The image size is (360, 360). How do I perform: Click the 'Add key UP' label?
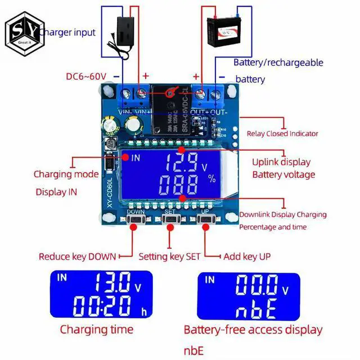(247, 256)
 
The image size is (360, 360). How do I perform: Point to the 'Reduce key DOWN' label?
(77, 256)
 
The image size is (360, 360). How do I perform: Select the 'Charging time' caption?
(96, 330)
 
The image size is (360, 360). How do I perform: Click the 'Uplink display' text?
(281, 162)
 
